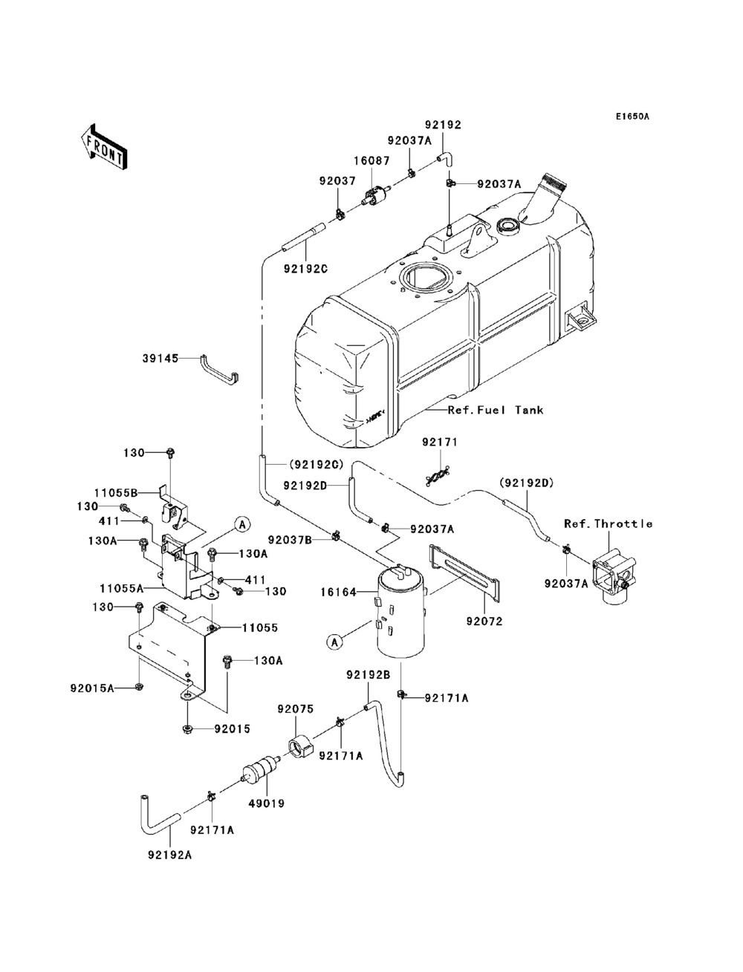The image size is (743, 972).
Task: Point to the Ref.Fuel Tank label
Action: click(x=495, y=410)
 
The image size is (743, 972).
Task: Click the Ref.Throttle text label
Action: click(x=608, y=523)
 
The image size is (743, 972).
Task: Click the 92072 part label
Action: click(x=484, y=621)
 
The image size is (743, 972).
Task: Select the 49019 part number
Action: click(x=270, y=803)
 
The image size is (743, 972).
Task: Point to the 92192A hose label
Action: click(x=164, y=855)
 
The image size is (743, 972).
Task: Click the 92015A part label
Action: click(x=97, y=688)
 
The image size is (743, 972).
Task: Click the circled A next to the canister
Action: click(x=335, y=642)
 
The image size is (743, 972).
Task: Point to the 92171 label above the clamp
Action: click(x=441, y=443)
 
